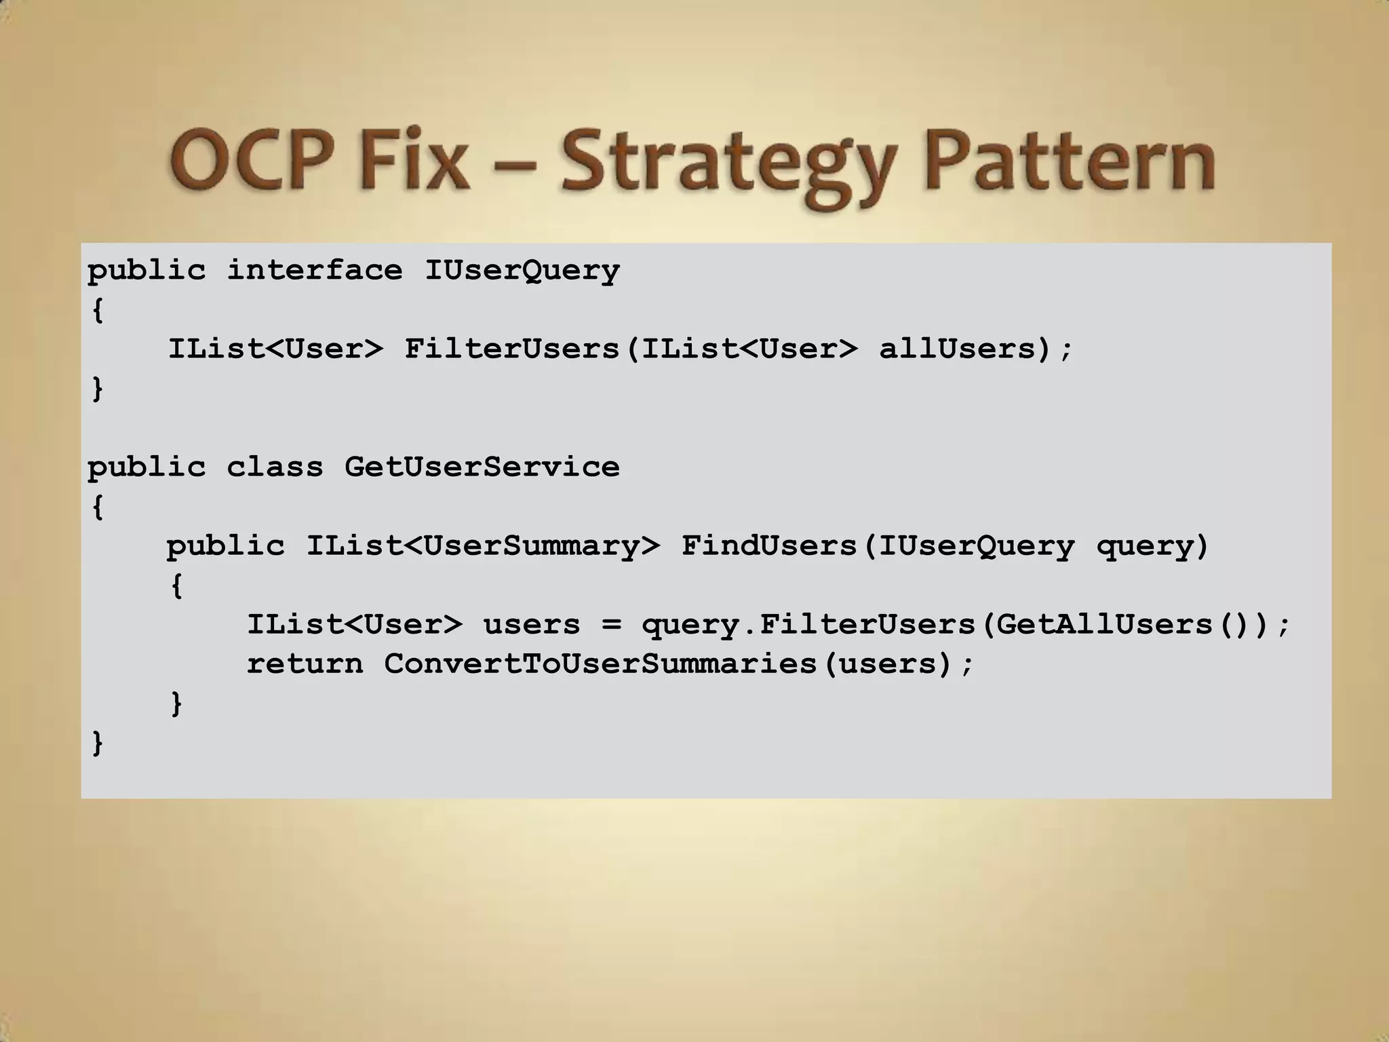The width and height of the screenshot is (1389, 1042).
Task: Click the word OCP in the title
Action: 251,161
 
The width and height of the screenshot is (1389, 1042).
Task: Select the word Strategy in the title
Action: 724,166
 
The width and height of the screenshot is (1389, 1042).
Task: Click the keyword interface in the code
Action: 314,271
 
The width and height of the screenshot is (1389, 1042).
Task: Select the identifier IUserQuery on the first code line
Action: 522,271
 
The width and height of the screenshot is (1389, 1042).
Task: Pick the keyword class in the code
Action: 275,467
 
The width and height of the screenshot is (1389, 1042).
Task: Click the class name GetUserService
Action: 482,467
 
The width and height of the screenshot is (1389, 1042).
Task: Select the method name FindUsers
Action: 769,546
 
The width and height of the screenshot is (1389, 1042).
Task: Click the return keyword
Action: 305,664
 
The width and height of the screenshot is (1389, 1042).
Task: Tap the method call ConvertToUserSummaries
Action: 601,664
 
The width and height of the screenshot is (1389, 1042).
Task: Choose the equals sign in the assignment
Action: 611,625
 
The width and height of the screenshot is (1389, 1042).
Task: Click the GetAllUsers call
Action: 1105,625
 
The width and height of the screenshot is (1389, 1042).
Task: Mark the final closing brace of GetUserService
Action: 98,743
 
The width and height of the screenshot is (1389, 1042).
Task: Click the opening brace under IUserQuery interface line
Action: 98,310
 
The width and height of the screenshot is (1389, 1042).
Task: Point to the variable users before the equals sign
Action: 532,625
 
